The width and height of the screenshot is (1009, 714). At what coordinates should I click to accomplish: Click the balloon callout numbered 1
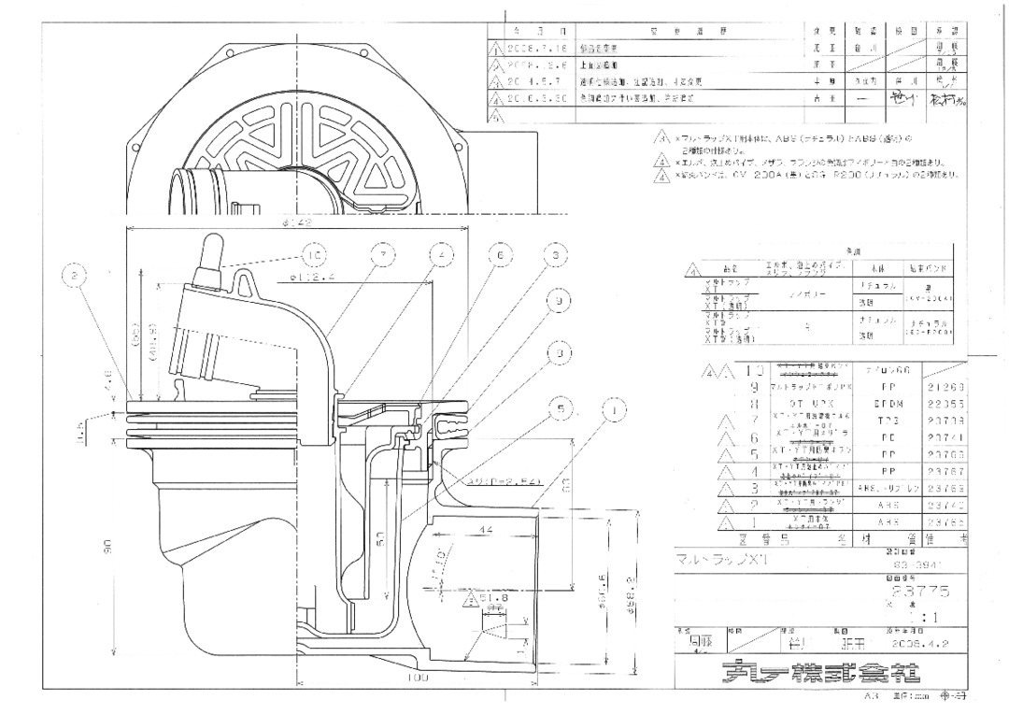(x=613, y=407)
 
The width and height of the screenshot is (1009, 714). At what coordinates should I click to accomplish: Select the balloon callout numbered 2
(x=77, y=276)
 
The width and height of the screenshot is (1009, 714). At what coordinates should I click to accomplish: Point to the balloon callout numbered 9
(x=558, y=302)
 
